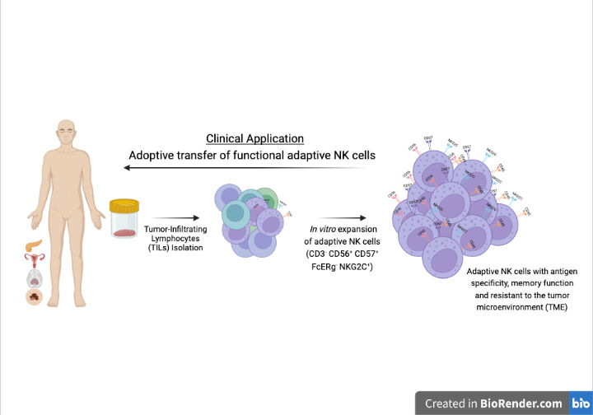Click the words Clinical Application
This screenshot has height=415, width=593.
pyautogui.click(x=254, y=138)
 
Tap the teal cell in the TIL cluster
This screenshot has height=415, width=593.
pyautogui.click(x=235, y=213)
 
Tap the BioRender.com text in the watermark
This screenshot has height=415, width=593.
pyautogui.click(x=527, y=403)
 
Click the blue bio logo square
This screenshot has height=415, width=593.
pyautogui.click(x=580, y=403)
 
